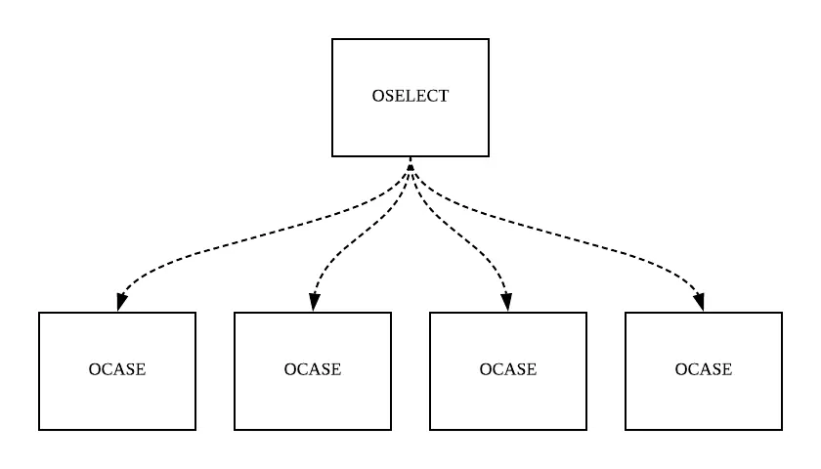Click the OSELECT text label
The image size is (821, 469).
tap(410, 97)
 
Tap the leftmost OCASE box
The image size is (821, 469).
tap(117, 401)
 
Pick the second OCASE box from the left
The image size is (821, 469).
tap(313, 401)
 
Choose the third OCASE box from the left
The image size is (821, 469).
tap(508, 401)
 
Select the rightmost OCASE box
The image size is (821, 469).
tap(704, 401)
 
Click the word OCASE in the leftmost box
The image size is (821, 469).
tap(117, 369)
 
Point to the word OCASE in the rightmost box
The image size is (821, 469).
tap(704, 369)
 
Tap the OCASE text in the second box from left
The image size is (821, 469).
tap(313, 369)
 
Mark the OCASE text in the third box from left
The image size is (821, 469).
tap(508, 369)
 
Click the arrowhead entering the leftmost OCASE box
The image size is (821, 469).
tap(118, 303)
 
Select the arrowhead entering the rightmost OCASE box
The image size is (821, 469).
tap(703, 303)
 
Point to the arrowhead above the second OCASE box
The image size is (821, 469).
tap(313, 303)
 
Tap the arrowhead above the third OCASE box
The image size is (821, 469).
tap(508, 303)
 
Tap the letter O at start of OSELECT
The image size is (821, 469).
tap(378, 97)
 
